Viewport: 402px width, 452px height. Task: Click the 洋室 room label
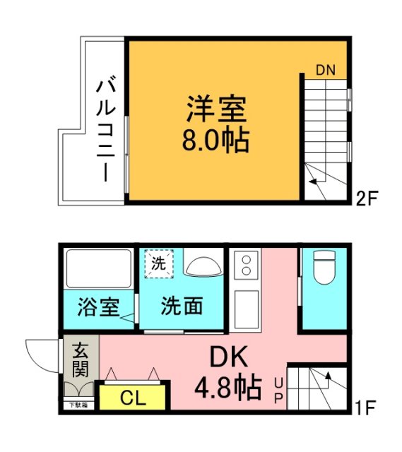216,110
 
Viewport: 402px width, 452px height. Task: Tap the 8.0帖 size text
216,140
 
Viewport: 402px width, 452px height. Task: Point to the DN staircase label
326,70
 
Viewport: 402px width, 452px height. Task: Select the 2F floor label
367,198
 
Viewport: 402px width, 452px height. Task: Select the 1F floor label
367,408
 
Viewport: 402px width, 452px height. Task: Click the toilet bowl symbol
324,269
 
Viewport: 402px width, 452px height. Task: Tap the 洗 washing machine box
159,265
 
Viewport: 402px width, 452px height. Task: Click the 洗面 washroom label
182,307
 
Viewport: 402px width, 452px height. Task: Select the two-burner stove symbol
247,266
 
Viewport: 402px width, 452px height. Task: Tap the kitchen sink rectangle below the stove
247,309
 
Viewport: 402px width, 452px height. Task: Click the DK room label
228,359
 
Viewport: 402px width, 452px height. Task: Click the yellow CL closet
133,398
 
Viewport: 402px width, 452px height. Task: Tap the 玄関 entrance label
80,358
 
